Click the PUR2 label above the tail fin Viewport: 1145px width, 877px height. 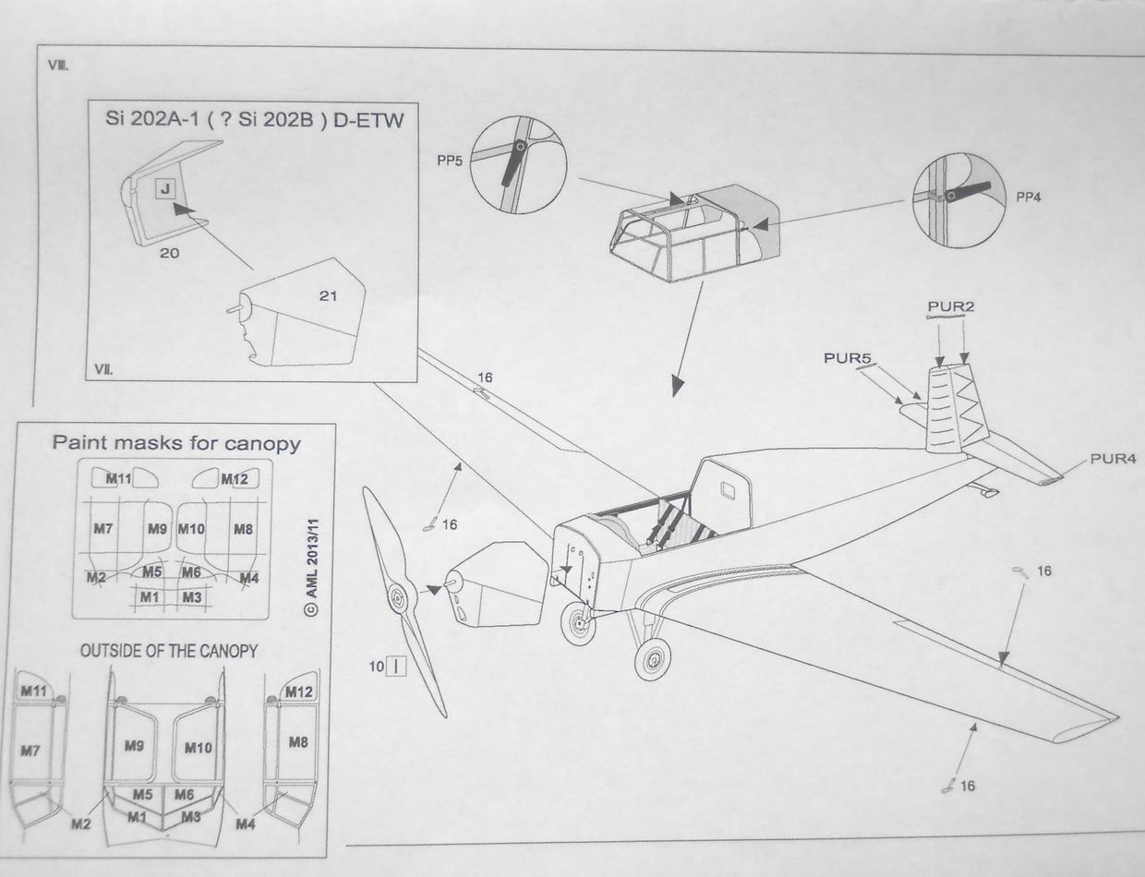click(951, 306)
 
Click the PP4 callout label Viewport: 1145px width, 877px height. click(1029, 197)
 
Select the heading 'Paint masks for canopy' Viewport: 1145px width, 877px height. click(176, 443)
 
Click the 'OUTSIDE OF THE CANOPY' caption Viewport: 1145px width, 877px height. click(169, 651)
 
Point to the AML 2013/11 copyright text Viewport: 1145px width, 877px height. click(311, 558)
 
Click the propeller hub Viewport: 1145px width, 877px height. click(399, 598)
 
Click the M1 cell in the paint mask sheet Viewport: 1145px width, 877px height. click(150, 597)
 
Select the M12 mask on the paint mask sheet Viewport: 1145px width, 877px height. click(235, 478)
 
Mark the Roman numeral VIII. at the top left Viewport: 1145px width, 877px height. click(58, 66)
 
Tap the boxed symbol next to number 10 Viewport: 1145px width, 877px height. click(395, 665)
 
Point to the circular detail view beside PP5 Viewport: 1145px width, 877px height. click(517, 165)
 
